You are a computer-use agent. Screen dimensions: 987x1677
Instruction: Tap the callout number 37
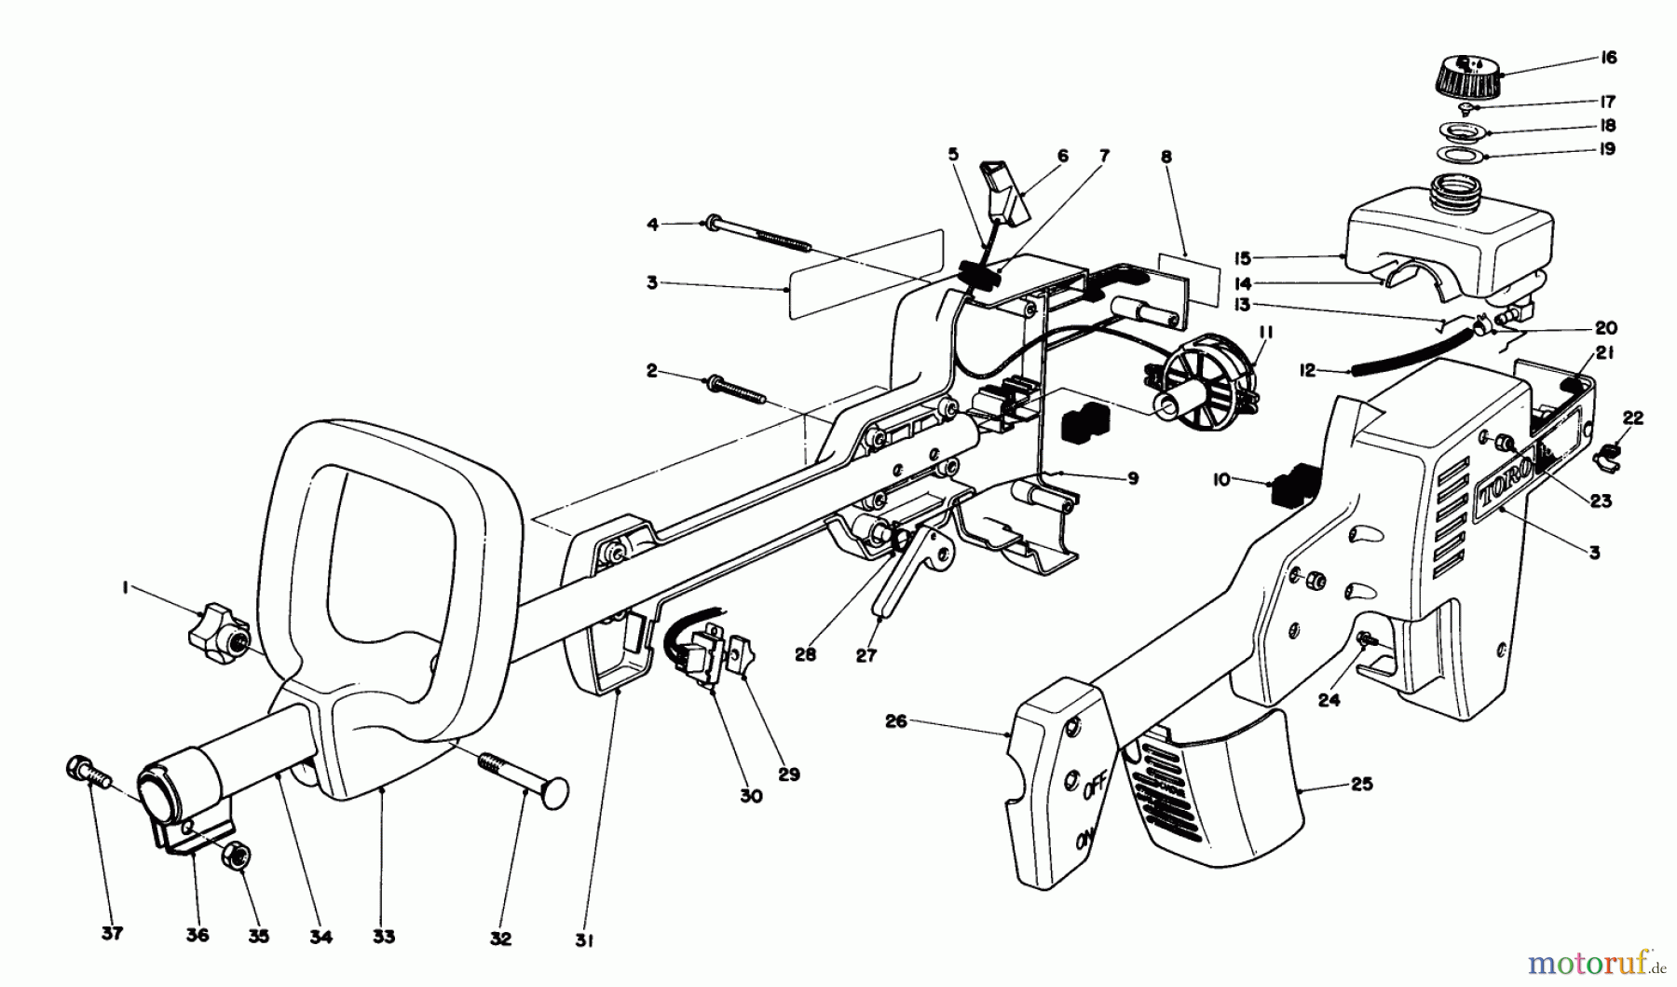pos(112,934)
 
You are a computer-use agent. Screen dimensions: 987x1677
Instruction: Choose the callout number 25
pos(1362,784)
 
